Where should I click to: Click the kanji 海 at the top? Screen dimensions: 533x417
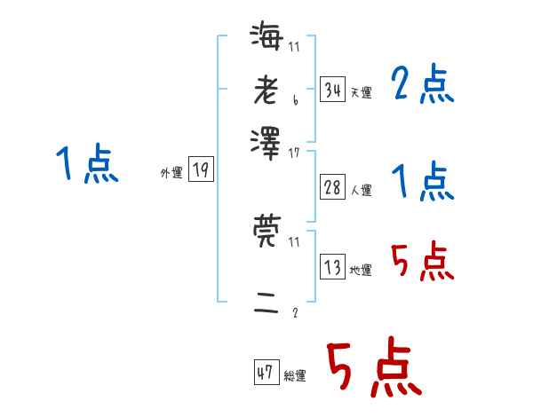pos(266,36)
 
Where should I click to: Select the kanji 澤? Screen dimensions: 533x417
pos(266,140)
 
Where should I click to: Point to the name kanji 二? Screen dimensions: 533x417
pos(266,303)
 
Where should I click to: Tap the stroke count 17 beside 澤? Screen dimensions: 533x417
pos(294,153)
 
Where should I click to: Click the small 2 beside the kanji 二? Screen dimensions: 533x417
pos(295,312)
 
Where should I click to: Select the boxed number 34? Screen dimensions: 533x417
pos(332,89)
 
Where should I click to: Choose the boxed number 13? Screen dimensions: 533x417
pos(332,266)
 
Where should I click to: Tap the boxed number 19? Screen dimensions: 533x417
pos(201,169)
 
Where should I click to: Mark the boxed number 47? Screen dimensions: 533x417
pos(266,373)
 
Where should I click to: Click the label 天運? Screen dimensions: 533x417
pos(361,91)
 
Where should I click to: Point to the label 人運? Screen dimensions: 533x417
pos(361,188)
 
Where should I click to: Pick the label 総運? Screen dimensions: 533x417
pos(295,375)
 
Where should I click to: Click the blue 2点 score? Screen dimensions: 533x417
pos(423,85)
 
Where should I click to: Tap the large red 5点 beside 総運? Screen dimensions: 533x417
pos(372,370)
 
